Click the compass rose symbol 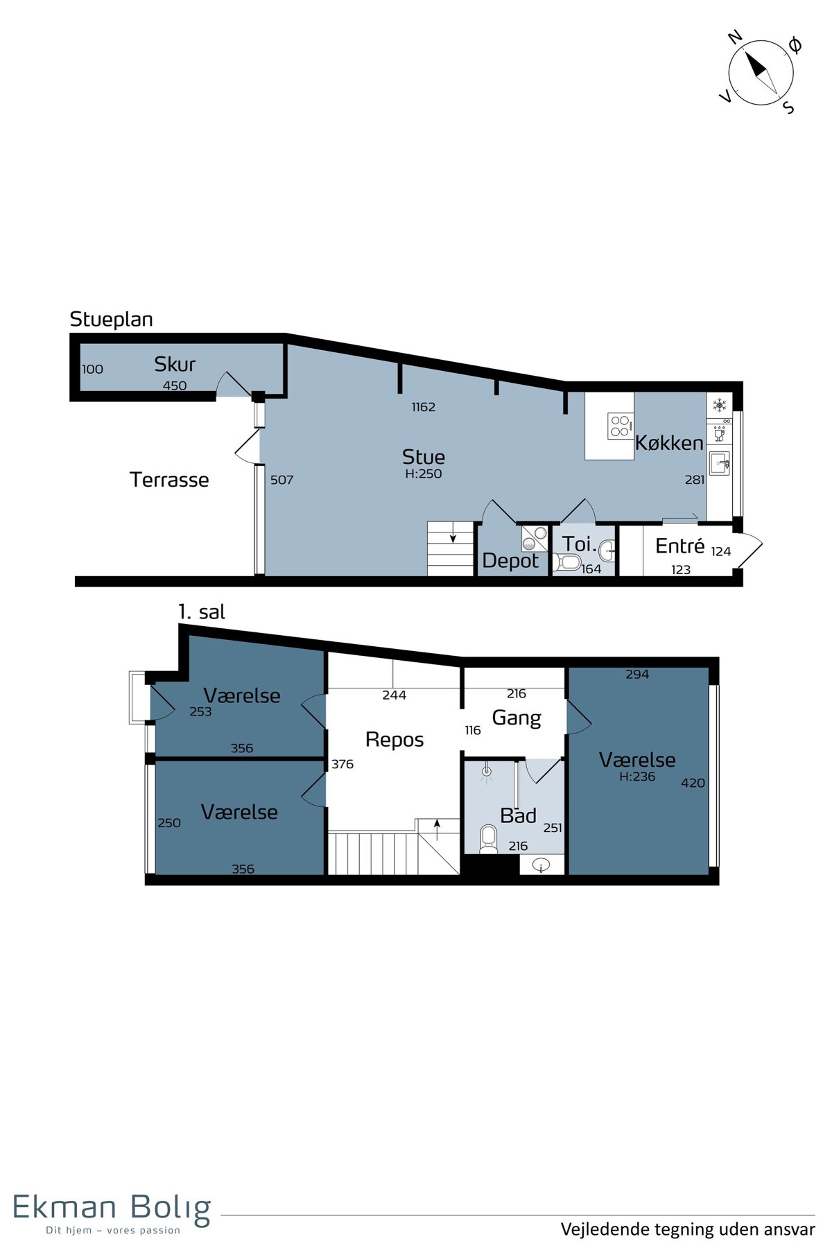pos(761,73)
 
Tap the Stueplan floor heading pos(112,320)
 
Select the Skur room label pos(175,364)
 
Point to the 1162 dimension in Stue pos(423,407)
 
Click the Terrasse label pos(169,480)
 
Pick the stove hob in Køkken pos(621,426)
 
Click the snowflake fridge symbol pos(720,404)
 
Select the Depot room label pos(510,560)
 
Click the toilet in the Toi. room pos(568,562)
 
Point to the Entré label pos(680,546)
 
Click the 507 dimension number pos(281,480)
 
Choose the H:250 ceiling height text pos(424,474)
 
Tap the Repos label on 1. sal pos(395,740)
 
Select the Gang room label pos(517,718)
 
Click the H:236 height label pos(637,777)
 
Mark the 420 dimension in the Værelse pos(693,783)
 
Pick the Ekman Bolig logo pos(112,1213)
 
